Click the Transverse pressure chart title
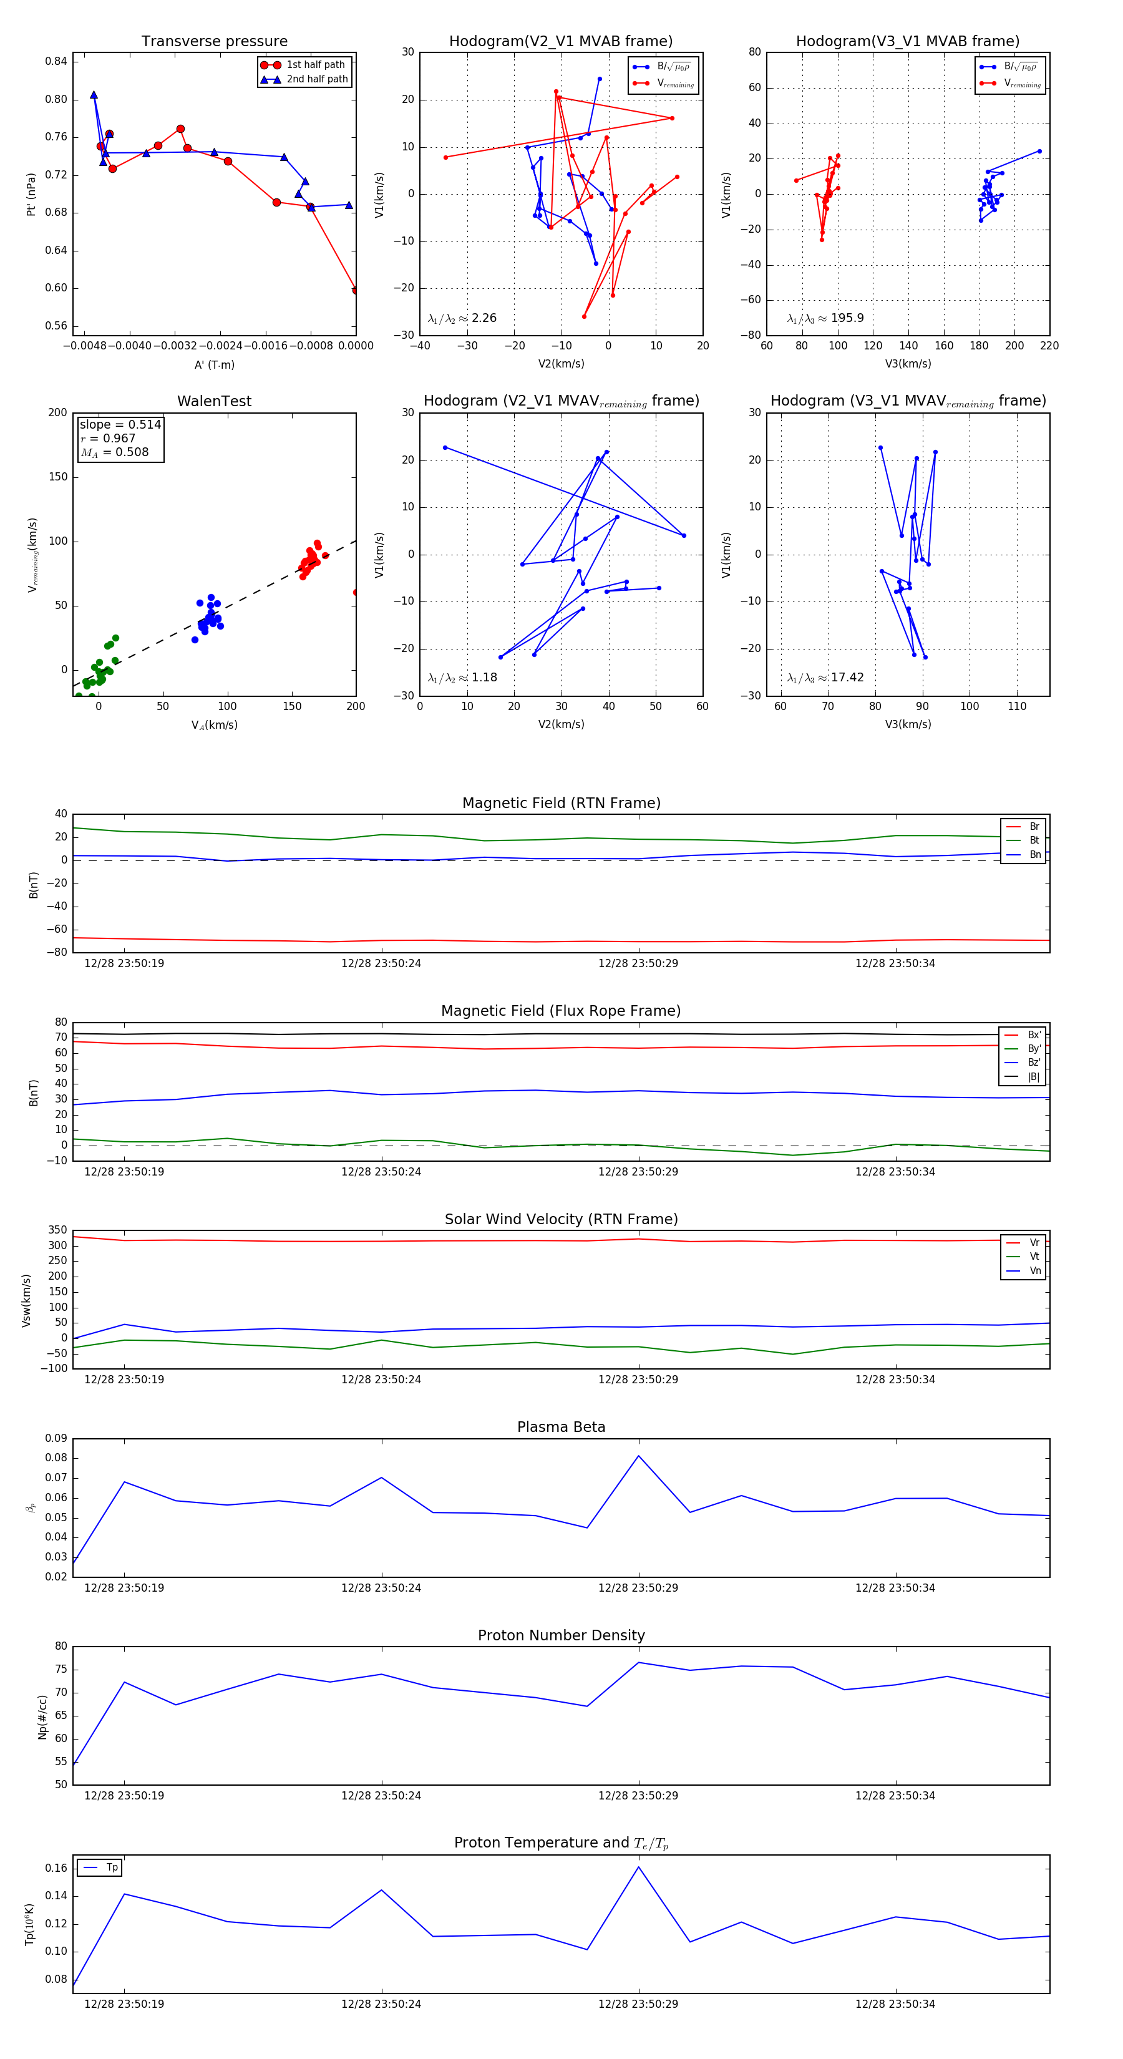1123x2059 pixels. pyautogui.click(x=214, y=42)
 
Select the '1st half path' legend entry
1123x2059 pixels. pyautogui.click(x=315, y=65)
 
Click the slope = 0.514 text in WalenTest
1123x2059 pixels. pyautogui.click(x=120, y=424)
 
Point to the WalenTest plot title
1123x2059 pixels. pyautogui.click(x=214, y=401)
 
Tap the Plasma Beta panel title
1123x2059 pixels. pyautogui.click(x=561, y=1427)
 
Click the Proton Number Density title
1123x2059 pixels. pyautogui.click(x=561, y=1635)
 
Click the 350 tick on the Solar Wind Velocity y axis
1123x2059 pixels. pyautogui.click(x=57, y=1230)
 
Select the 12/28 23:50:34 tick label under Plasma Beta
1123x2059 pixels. pyautogui.click(x=895, y=1587)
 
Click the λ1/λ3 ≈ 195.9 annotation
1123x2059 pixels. pyautogui.click(x=825, y=318)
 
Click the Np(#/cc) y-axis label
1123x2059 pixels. pyautogui.click(x=42, y=1717)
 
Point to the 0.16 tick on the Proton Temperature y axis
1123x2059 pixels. pyautogui.click(x=56, y=1868)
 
